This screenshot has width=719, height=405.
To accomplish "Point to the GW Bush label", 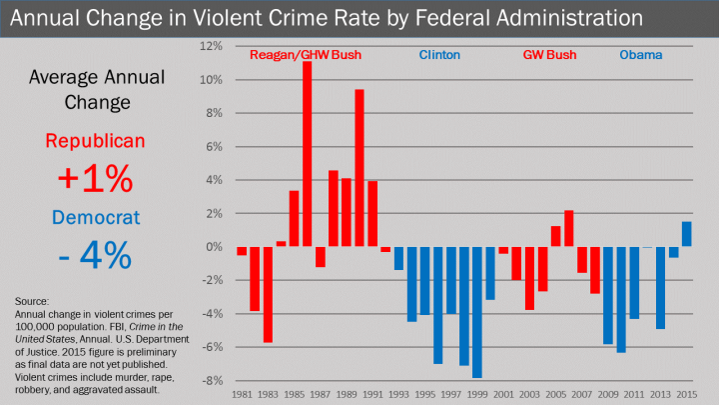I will [x=550, y=56].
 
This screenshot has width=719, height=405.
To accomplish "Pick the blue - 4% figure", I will [x=95, y=256].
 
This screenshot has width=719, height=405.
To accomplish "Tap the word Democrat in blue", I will [x=95, y=217].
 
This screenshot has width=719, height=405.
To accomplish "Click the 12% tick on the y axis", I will [x=209, y=47].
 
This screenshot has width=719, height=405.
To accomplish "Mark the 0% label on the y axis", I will [x=211, y=247].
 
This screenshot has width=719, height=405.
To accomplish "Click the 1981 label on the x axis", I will [x=242, y=395].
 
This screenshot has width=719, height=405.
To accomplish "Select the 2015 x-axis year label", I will [x=686, y=395].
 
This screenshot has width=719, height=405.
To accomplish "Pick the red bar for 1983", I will [x=268, y=294].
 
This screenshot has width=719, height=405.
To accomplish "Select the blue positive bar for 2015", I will [x=686, y=234].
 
